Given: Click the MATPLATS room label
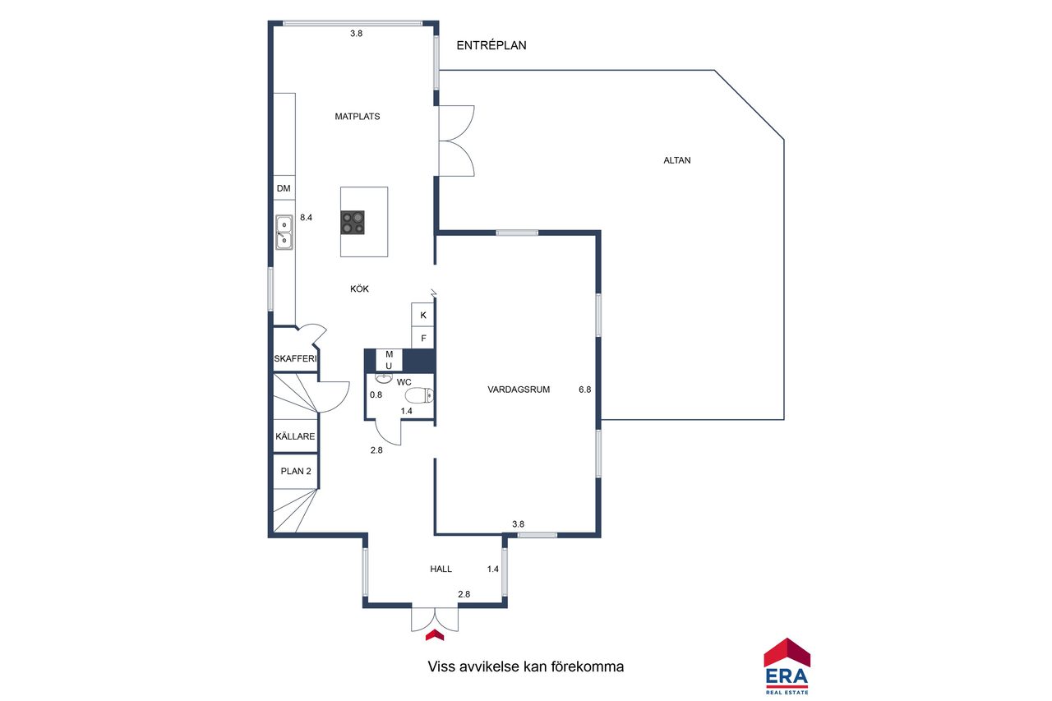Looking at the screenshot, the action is click(x=358, y=117).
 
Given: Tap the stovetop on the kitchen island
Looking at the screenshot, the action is click(x=353, y=223).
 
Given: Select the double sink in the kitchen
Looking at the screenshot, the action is click(x=284, y=232).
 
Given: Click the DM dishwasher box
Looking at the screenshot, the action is click(x=284, y=188).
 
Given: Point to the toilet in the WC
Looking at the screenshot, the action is click(x=419, y=395).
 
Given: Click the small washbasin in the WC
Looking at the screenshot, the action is click(x=384, y=378).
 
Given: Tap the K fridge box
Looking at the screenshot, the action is click(x=422, y=315).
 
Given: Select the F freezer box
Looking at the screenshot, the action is click(x=422, y=338).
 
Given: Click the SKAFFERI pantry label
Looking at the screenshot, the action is click(x=295, y=358).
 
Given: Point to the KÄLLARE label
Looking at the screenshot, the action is click(x=295, y=436).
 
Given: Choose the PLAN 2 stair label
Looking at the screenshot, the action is click(x=296, y=471).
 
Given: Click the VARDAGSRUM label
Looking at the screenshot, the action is click(x=519, y=390).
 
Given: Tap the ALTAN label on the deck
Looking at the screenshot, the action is click(x=677, y=160).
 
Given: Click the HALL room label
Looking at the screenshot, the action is click(x=441, y=569).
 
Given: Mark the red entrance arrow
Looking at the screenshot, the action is click(x=435, y=634).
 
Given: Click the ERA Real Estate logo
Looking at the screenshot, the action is click(x=787, y=666).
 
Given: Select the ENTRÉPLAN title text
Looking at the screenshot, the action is click(x=491, y=45).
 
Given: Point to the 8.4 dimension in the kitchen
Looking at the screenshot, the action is click(x=307, y=218).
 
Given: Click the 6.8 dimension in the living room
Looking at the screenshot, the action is click(x=584, y=390).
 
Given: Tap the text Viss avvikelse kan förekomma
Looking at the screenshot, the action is click(x=525, y=666).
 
